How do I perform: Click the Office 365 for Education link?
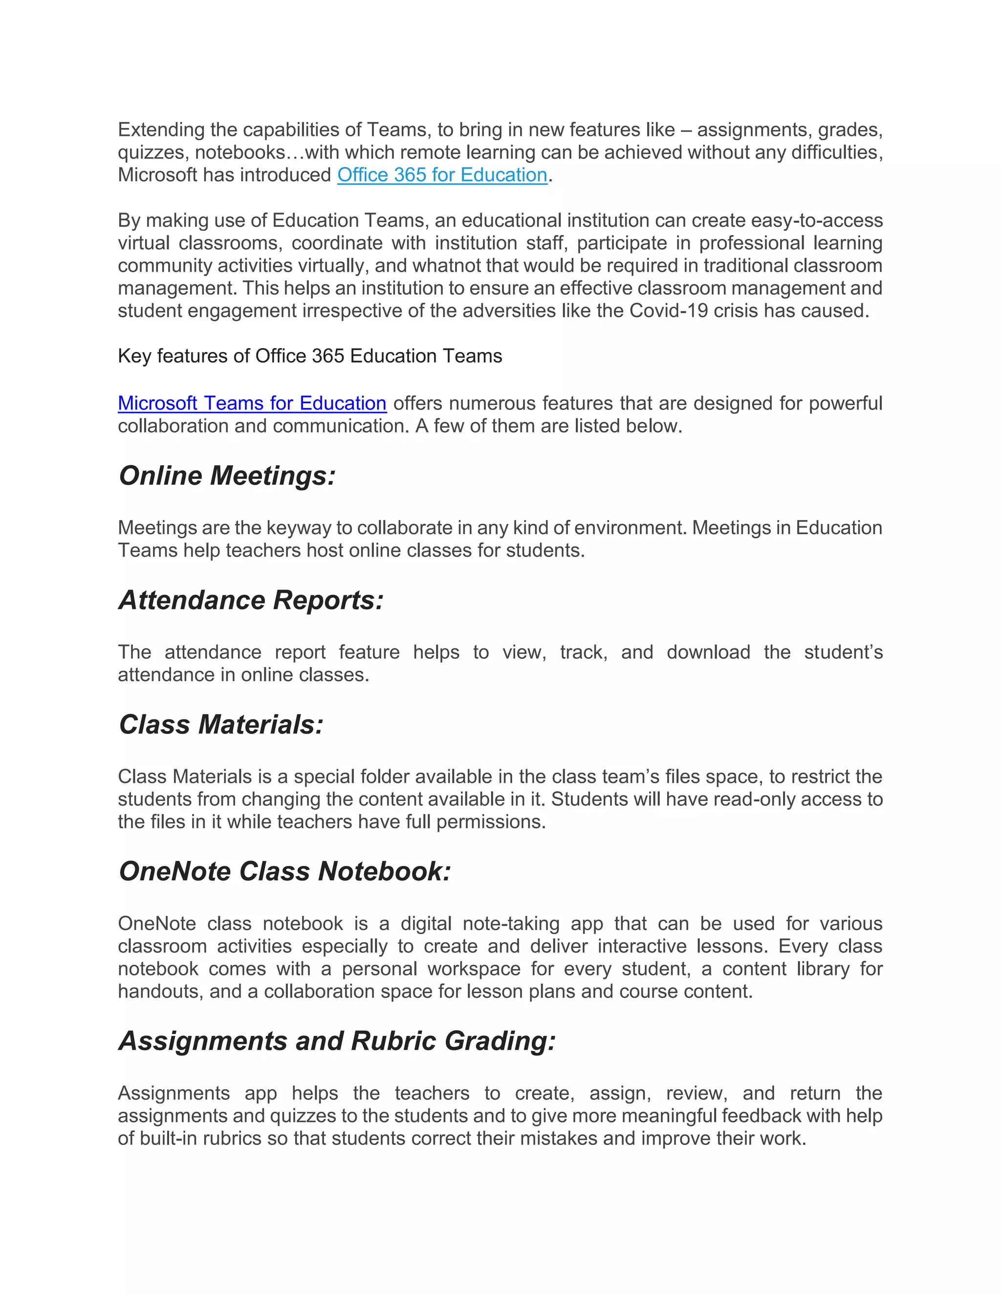pos(442,175)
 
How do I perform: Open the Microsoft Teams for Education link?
pos(252,403)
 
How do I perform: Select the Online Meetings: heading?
pos(227,475)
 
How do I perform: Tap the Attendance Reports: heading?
pos(251,600)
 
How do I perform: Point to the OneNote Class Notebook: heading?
pos(284,871)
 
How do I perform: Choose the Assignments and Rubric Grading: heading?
pos(337,1040)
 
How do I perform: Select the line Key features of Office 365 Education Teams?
pos(309,356)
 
